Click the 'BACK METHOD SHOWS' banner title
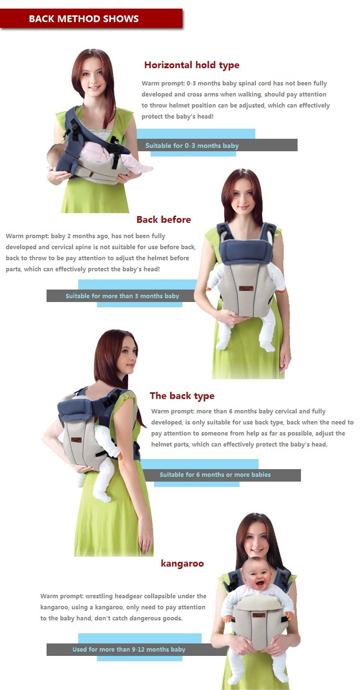(x=84, y=19)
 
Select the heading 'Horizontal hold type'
(x=192, y=65)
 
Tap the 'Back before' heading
(x=164, y=219)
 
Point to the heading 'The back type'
(x=182, y=396)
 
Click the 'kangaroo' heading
(x=182, y=564)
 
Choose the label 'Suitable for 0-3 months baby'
(x=192, y=145)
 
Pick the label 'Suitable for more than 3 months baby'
(x=122, y=296)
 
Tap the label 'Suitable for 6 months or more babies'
(x=215, y=475)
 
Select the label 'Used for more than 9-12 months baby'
(x=129, y=649)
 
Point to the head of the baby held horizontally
(x=55, y=156)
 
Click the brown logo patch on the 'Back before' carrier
(x=246, y=289)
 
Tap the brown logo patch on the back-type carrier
(x=76, y=439)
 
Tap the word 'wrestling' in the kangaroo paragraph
(x=99, y=596)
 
